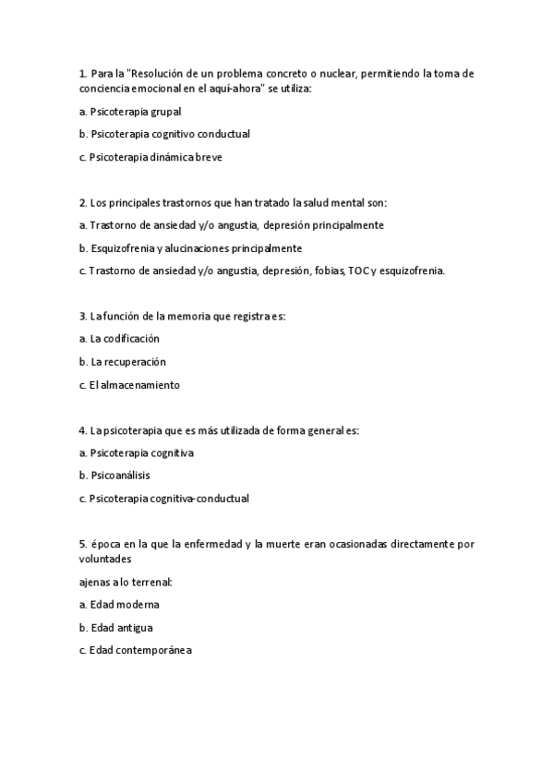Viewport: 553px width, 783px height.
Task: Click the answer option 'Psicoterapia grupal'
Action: (x=129, y=111)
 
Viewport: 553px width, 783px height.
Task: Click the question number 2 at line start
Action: (x=83, y=202)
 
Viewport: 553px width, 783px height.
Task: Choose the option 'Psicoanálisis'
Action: (x=119, y=476)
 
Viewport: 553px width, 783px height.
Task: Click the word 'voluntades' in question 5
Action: (x=105, y=559)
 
